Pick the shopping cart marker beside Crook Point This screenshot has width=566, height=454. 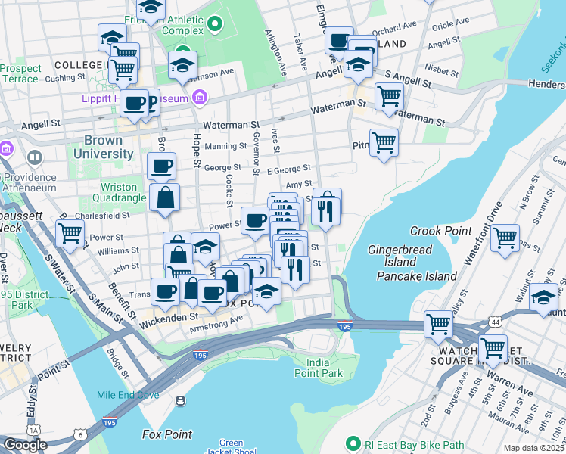[505, 237]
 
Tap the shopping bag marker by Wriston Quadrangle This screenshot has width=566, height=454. [166, 198]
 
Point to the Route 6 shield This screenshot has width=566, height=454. [79, 434]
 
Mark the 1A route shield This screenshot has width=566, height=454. [33, 431]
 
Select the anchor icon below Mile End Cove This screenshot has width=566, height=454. [180, 401]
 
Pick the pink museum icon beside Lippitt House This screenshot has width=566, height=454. [200, 97]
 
